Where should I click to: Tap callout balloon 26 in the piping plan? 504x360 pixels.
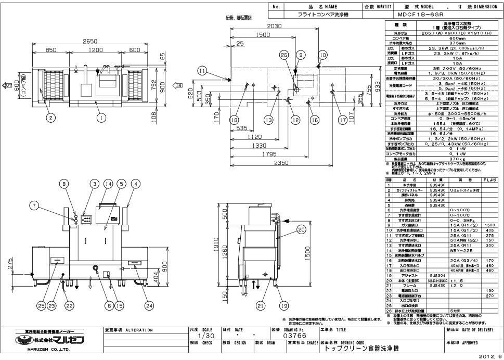pyautogui.click(x=283, y=55)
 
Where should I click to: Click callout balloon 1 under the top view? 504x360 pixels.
pyautogui.click(x=98, y=118)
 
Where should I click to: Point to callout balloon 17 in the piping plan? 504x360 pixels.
pyautogui.click(x=342, y=119)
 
